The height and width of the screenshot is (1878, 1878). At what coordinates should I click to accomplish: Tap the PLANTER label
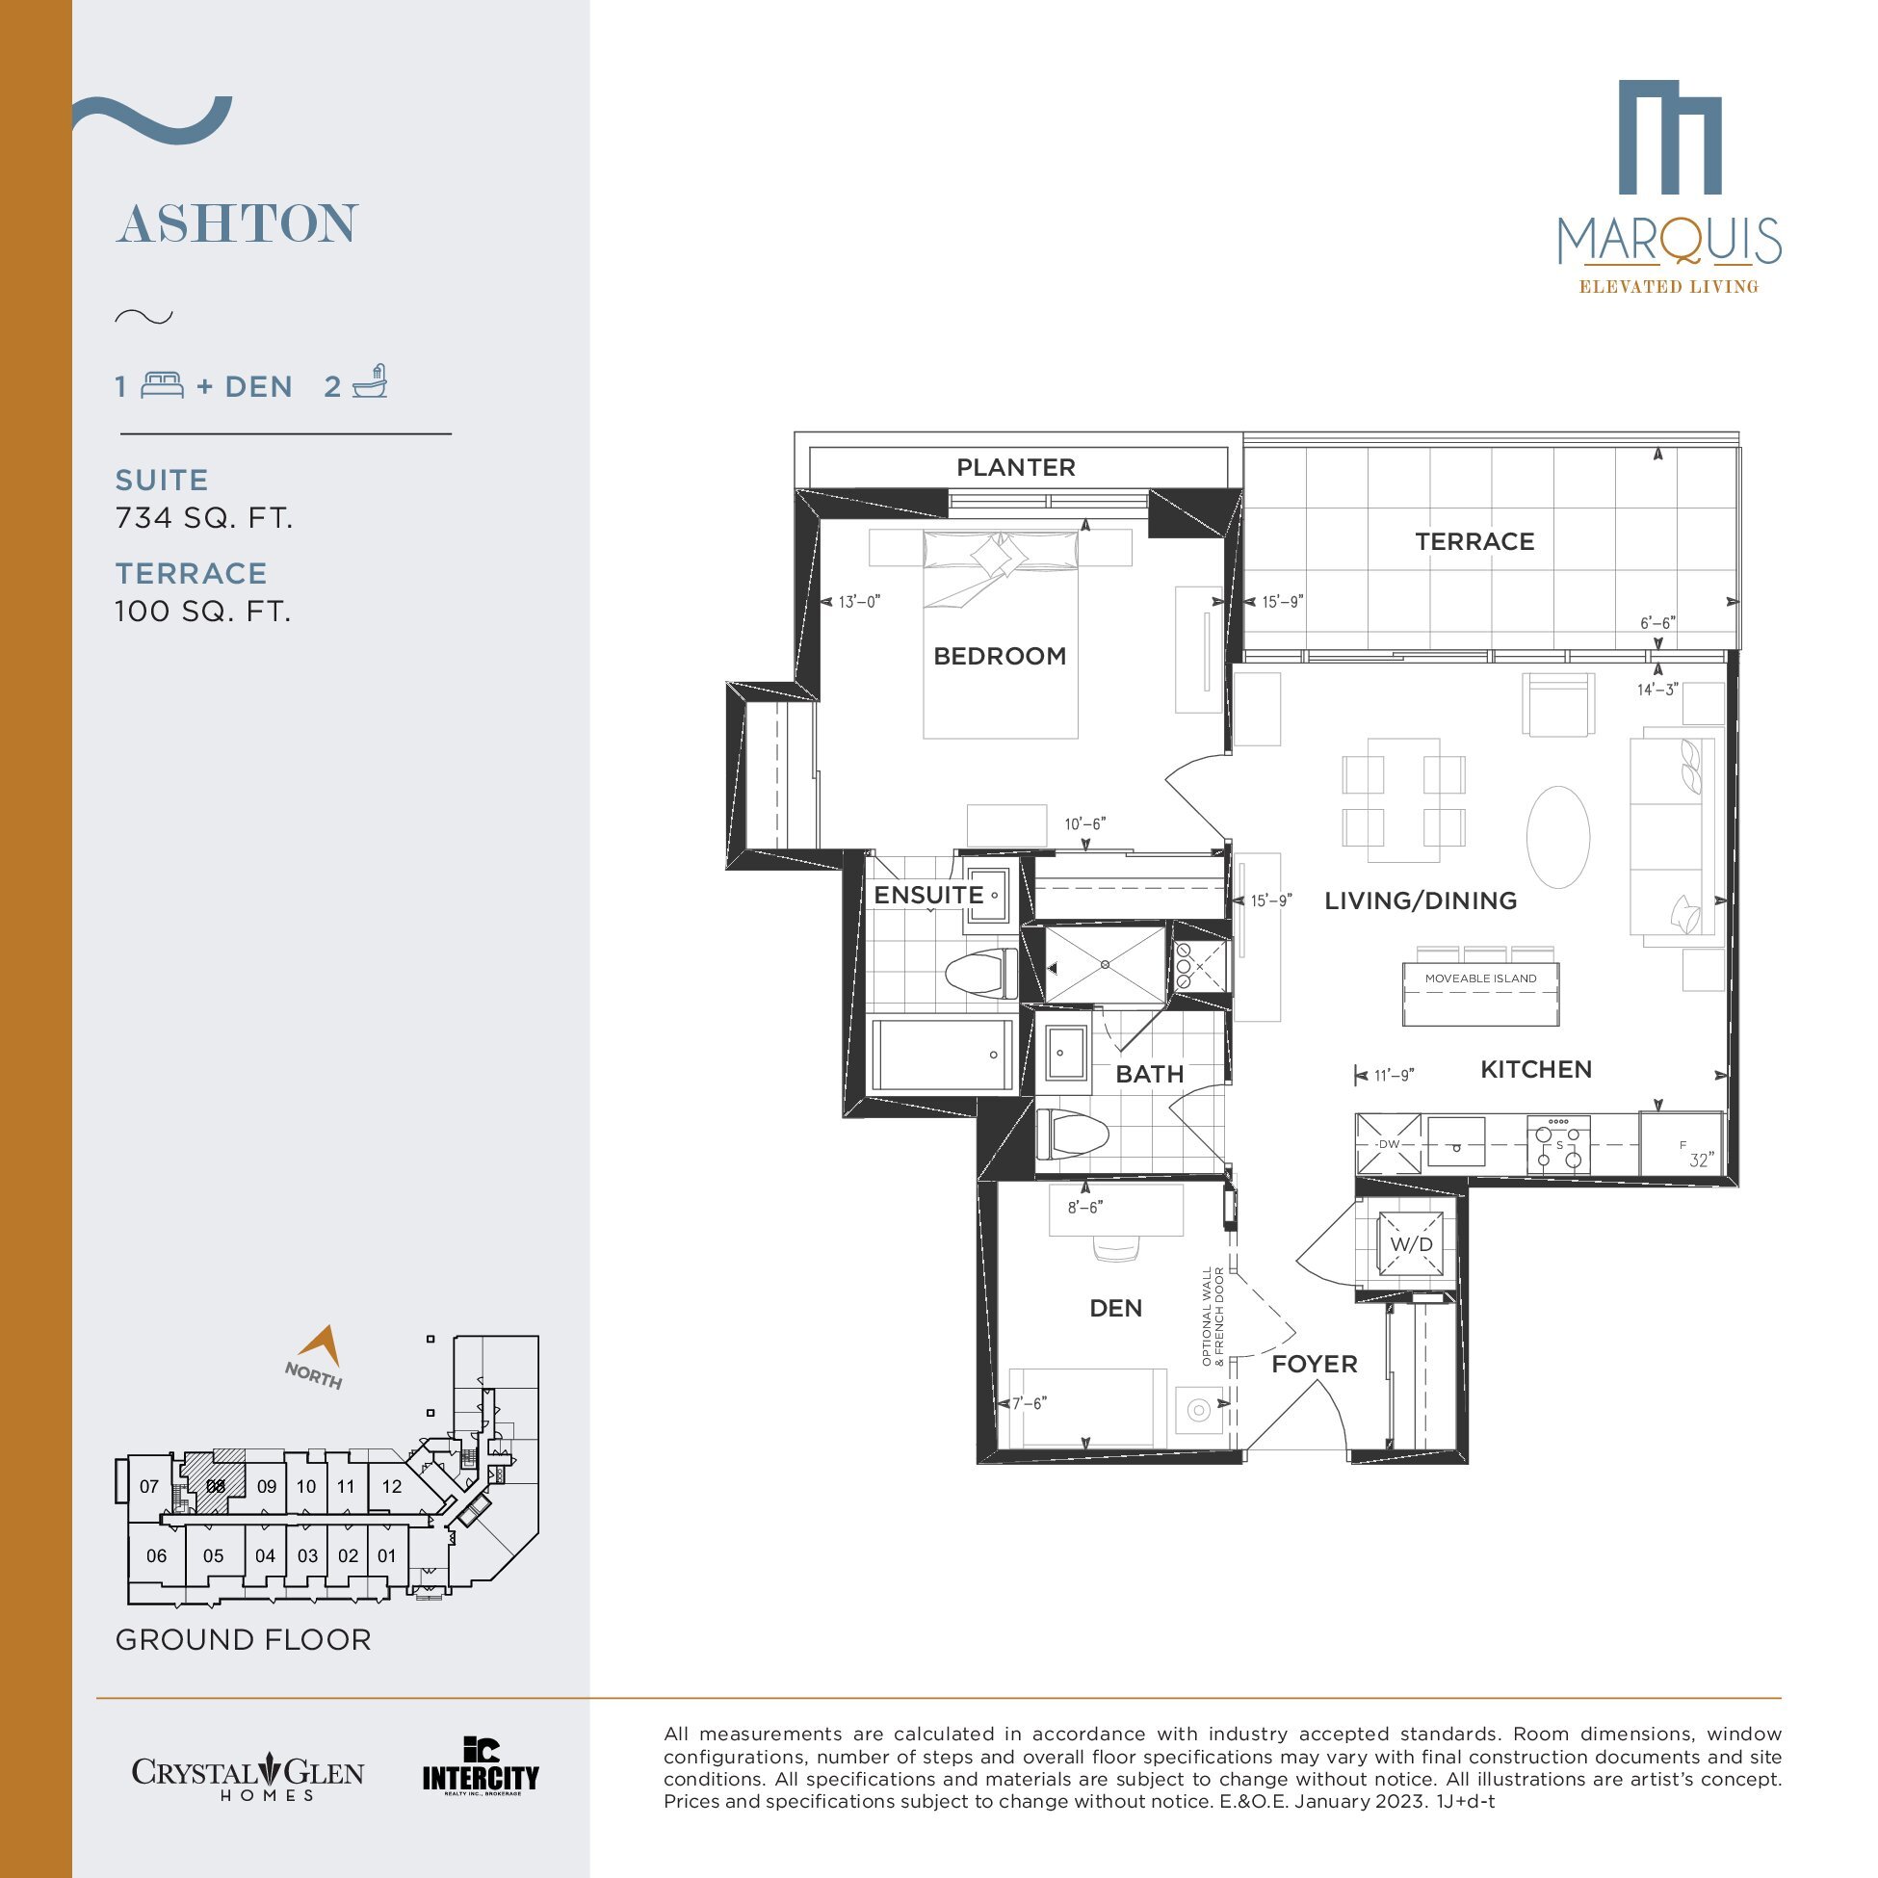coord(1016,467)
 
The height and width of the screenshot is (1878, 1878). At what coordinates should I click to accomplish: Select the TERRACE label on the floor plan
coord(1474,541)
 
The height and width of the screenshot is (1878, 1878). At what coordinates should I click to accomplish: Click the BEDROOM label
coord(1000,656)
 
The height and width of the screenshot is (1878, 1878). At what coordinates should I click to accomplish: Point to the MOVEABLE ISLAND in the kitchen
coord(1480,994)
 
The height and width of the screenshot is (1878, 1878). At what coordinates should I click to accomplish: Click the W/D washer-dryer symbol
coord(1411,1244)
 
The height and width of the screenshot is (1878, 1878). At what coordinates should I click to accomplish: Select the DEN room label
coord(1115,1309)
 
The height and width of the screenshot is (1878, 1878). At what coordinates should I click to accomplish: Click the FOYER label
coord(1315,1364)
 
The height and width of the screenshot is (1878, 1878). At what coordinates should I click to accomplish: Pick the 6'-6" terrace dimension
coord(1658,622)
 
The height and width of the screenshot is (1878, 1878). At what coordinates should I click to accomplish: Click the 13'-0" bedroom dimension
coord(859,602)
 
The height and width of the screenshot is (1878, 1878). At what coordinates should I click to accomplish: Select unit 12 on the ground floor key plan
coord(392,1486)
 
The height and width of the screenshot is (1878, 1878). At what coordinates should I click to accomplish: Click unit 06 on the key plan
coord(156,1556)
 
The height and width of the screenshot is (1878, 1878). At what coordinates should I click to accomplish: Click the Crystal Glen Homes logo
coord(248,1777)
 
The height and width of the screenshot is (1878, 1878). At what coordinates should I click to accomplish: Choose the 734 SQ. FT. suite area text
coord(204,518)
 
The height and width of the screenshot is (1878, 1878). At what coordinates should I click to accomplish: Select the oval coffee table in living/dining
coord(1558,837)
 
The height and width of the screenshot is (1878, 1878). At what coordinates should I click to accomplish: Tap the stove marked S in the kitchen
coord(1558,1144)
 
